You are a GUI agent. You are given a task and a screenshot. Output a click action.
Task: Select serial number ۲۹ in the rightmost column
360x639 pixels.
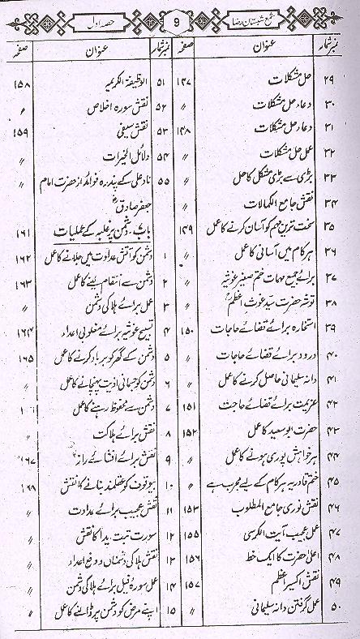pyautogui.click(x=344, y=85)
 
